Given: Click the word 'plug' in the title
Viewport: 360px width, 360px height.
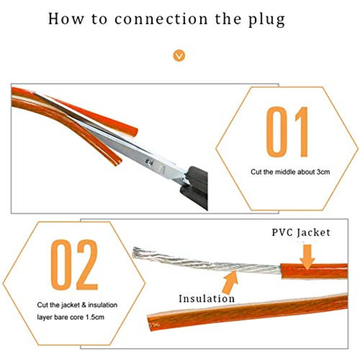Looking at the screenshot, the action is pos(267,20).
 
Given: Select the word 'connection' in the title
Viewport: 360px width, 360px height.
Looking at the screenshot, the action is pos(161,19).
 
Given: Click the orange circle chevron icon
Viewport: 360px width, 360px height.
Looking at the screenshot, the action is pos(179,56).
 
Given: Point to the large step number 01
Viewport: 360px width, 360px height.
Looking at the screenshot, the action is pos(287,132).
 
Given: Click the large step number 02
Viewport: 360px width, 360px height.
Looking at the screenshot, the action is pos(74,265).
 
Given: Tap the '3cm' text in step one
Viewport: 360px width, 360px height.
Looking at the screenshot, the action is pos(323,172).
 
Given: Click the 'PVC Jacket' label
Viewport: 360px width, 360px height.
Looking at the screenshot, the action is pos(301,232).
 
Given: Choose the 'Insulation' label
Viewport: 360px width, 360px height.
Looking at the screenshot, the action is pos(207,298).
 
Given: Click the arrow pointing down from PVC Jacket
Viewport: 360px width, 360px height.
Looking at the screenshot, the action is pos(307,257).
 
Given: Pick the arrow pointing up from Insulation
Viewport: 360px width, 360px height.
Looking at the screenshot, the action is pos(230,283).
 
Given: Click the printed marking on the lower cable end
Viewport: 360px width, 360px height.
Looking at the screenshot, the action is pos(154,325).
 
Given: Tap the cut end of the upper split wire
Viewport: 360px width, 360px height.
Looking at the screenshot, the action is pos(135,132).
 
